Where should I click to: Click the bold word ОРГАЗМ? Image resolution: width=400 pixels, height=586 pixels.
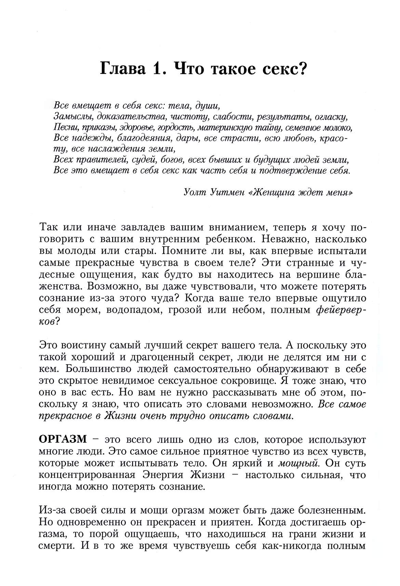click(63, 439)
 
